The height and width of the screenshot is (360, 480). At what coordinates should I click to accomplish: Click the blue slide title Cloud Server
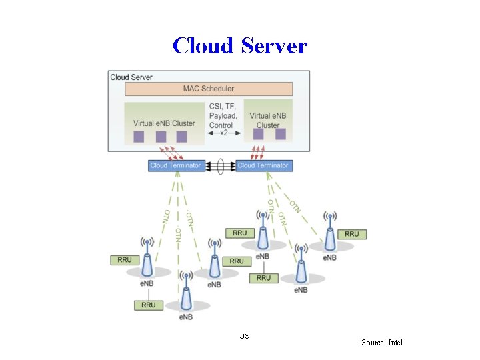239,45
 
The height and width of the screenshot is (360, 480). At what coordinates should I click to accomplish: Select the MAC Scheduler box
208,89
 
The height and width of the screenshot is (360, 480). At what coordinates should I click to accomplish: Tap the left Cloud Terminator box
176,165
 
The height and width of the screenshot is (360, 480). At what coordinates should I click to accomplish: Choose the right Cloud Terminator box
263,165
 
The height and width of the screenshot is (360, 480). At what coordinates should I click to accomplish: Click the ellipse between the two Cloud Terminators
219,165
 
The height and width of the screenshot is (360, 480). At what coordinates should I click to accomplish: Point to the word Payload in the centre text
223,115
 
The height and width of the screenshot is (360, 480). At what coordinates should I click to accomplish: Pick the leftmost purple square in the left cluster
139,137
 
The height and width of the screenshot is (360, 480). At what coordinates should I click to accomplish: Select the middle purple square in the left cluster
160,137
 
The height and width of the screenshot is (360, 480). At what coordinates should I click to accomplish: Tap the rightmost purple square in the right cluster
281,134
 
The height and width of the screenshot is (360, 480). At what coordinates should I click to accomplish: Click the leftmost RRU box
125,260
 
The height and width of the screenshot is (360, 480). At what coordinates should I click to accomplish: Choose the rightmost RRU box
351,234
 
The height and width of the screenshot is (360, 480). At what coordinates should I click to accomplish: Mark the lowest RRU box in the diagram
148,305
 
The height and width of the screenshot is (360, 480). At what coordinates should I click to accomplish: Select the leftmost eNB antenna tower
147,257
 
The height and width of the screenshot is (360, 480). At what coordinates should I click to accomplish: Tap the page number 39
244,335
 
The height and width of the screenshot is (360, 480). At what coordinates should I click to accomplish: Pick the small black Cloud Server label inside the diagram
131,77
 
